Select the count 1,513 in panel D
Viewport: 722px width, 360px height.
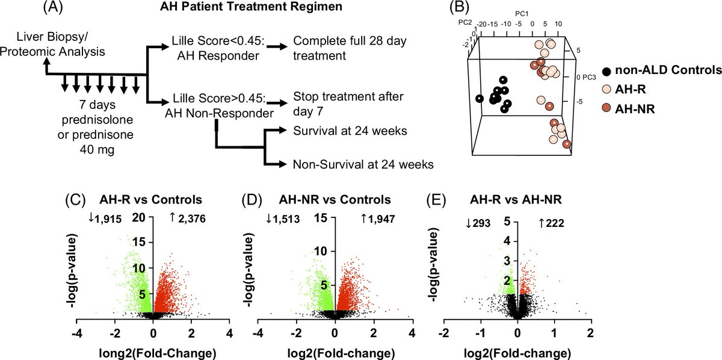[286, 220]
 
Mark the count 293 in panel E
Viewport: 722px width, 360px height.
[480, 224]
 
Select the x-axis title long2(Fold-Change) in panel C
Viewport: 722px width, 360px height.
[152, 352]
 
